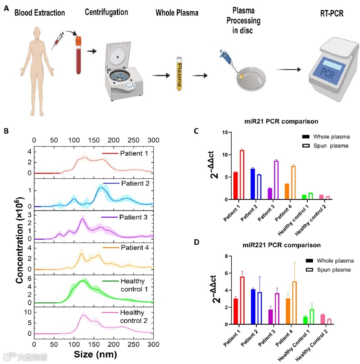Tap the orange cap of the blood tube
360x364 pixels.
click(78, 41)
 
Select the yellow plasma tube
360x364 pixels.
click(180, 74)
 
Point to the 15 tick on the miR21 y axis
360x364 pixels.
click(225, 133)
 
